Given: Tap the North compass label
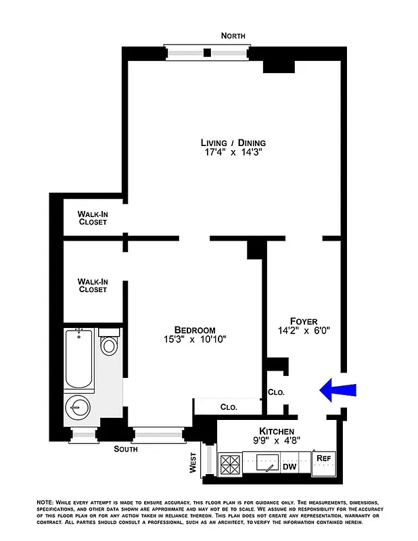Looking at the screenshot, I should point(233,36).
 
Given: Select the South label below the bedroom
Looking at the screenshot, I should point(126,449).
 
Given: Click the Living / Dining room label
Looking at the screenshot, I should point(233,143).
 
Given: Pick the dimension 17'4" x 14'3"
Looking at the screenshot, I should point(233,154).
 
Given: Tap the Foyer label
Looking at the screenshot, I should point(304,321).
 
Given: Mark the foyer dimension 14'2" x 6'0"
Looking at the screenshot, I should point(304,331).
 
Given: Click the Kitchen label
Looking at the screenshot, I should point(277,431).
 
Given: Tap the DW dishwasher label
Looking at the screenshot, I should point(289,467).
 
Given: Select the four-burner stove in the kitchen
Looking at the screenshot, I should point(230,465).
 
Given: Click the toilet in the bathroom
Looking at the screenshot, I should point(108,344).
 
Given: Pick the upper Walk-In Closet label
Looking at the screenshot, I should point(93,218).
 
